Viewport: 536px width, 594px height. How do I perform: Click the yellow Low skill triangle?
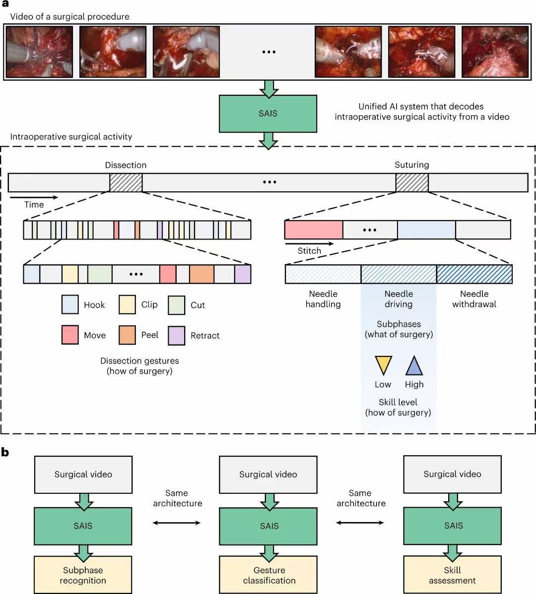[383, 364]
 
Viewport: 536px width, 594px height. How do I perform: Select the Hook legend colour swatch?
[70, 304]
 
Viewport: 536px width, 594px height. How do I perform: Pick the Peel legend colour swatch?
[127, 335]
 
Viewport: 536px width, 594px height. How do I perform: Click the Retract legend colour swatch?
[177, 335]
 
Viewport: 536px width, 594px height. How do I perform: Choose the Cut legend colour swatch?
[177, 305]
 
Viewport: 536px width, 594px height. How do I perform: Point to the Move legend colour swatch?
[70, 335]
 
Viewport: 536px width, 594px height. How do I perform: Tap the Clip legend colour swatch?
[127, 304]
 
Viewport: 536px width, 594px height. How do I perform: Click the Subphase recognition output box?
[83, 575]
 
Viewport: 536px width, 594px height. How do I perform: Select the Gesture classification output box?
[268, 575]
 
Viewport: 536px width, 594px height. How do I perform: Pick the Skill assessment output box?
[452, 575]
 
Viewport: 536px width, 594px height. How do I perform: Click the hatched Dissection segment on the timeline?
[126, 182]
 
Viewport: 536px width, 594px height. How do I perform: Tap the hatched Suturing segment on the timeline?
[412, 182]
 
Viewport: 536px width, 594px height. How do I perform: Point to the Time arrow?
[34, 197]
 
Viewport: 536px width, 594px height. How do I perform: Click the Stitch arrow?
[309, 243]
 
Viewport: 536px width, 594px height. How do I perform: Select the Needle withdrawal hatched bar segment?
[474, 274]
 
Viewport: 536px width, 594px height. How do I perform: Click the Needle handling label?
[323, 299]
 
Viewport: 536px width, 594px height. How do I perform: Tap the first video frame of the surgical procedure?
[39, 52]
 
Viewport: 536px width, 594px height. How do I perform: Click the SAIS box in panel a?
[268, 114]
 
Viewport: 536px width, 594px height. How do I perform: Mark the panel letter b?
[5, 452]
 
